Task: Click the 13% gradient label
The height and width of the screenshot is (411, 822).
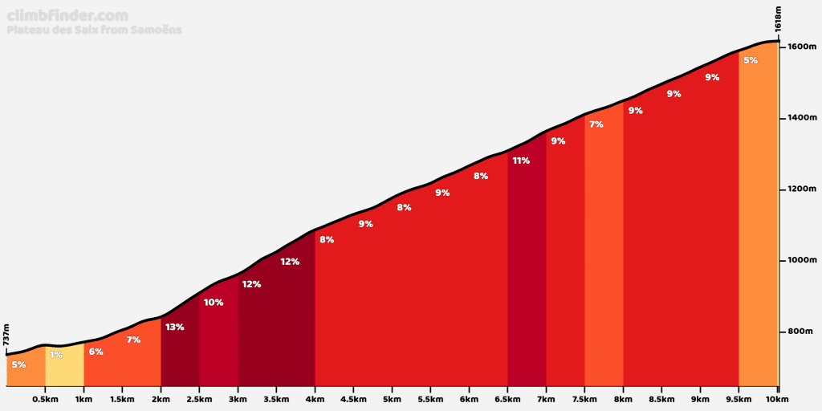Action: (175, 327)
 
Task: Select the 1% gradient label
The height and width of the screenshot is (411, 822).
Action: (56, 355)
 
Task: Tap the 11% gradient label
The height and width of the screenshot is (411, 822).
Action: (521, 161)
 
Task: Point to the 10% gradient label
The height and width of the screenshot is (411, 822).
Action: (214, 303)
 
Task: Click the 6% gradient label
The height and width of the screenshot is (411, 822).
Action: (96, 352)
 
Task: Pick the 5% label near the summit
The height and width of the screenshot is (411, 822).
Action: (751, 60)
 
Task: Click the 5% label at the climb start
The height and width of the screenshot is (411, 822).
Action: (18, 364)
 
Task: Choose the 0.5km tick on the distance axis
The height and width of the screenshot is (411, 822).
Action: (45, 399)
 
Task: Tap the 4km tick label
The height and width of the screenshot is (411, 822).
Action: (315, 399)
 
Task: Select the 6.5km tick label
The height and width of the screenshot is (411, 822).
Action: (507, 399)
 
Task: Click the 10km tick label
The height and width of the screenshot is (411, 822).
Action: (777, 399)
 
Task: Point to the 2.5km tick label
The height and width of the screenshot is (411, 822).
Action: (199, 399)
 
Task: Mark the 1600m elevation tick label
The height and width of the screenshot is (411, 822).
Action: (802, 47)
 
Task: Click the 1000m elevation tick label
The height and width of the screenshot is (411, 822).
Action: (802, 260)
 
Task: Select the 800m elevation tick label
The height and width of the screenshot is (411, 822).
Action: (802, 332)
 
